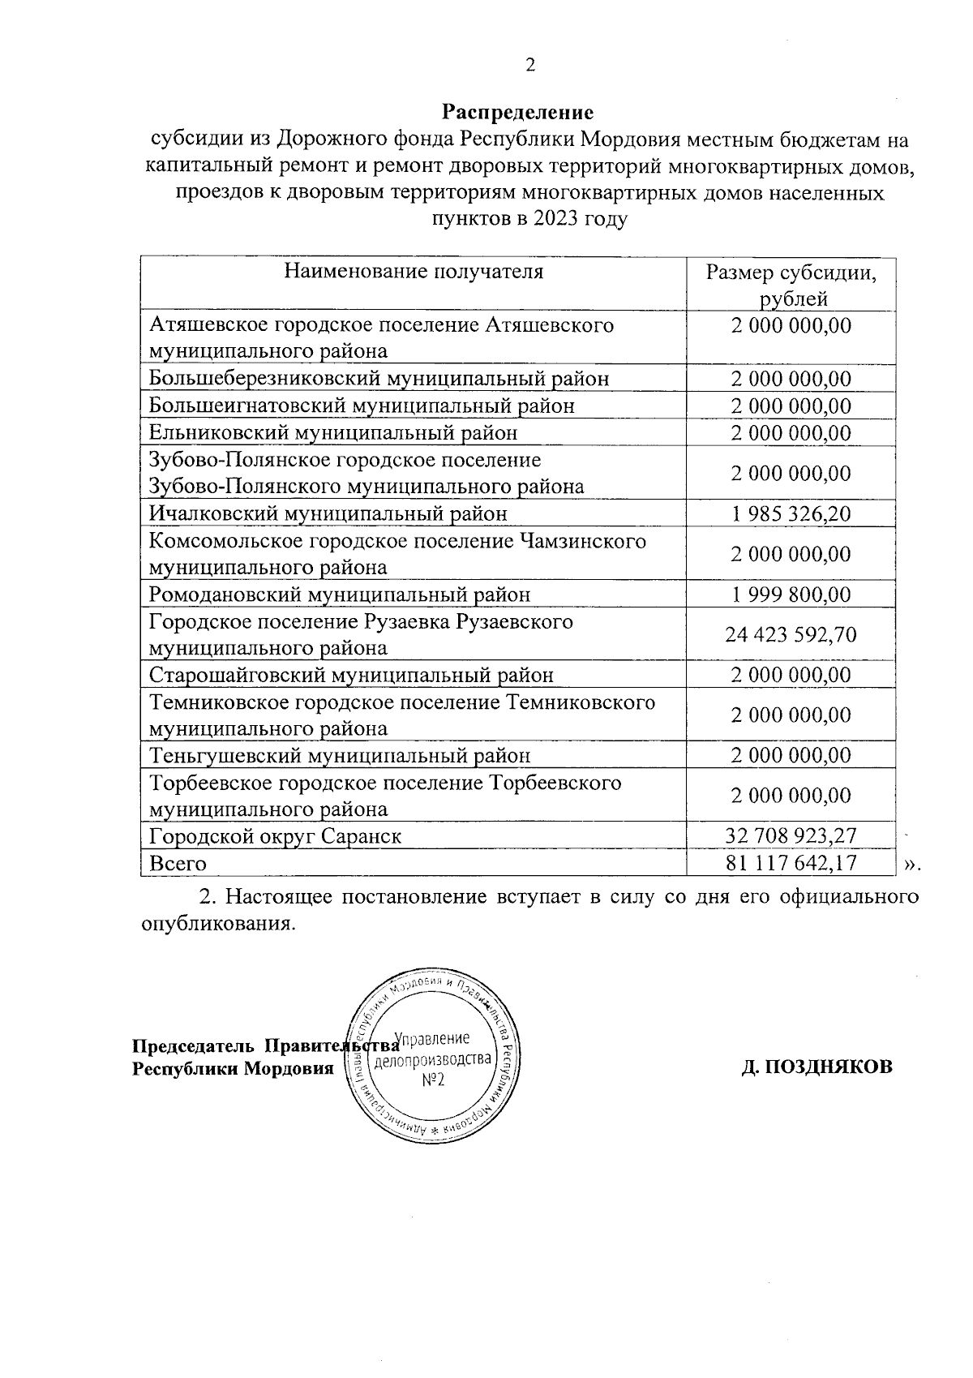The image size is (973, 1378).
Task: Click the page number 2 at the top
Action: tap(530, 66)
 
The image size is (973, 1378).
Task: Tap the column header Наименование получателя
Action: tap(414, 271)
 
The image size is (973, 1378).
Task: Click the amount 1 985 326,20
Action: tap(791, 513)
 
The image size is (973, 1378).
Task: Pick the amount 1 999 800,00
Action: tap(791, 595)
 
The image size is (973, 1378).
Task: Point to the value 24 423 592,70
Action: tap(791, 634)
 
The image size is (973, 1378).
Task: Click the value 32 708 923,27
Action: tap(791, 835)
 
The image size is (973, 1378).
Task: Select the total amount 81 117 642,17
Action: tap(791, 863)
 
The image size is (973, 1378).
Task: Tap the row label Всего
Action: tap(178, 863)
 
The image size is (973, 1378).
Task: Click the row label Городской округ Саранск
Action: tap(276, 835)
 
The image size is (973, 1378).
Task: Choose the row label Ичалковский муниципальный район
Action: tap(328, 513)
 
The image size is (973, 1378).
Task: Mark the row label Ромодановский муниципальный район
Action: tap(340, 595)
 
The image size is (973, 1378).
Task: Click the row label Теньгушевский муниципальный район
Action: tap(340, 756)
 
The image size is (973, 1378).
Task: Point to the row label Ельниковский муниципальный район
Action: tap(333, 433)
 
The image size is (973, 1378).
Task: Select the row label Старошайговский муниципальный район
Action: tap(352, 675)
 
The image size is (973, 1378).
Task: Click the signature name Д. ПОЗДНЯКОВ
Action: tap(817, 1067)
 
